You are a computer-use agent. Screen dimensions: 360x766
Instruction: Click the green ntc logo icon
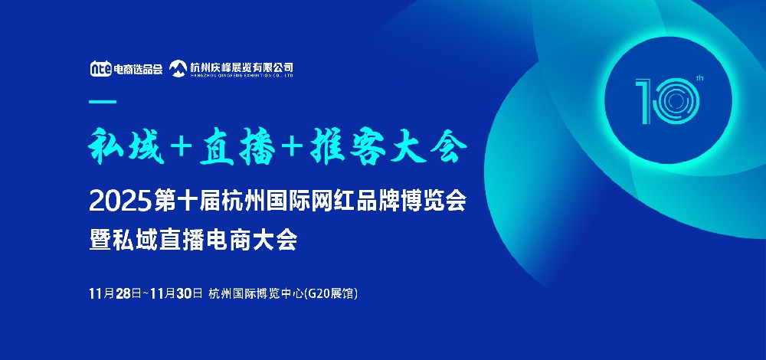[x=100, y=68]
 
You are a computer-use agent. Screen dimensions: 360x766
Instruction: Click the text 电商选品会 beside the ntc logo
[x=138, y=69]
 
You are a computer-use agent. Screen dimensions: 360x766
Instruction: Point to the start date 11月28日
[x=116, y=293]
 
